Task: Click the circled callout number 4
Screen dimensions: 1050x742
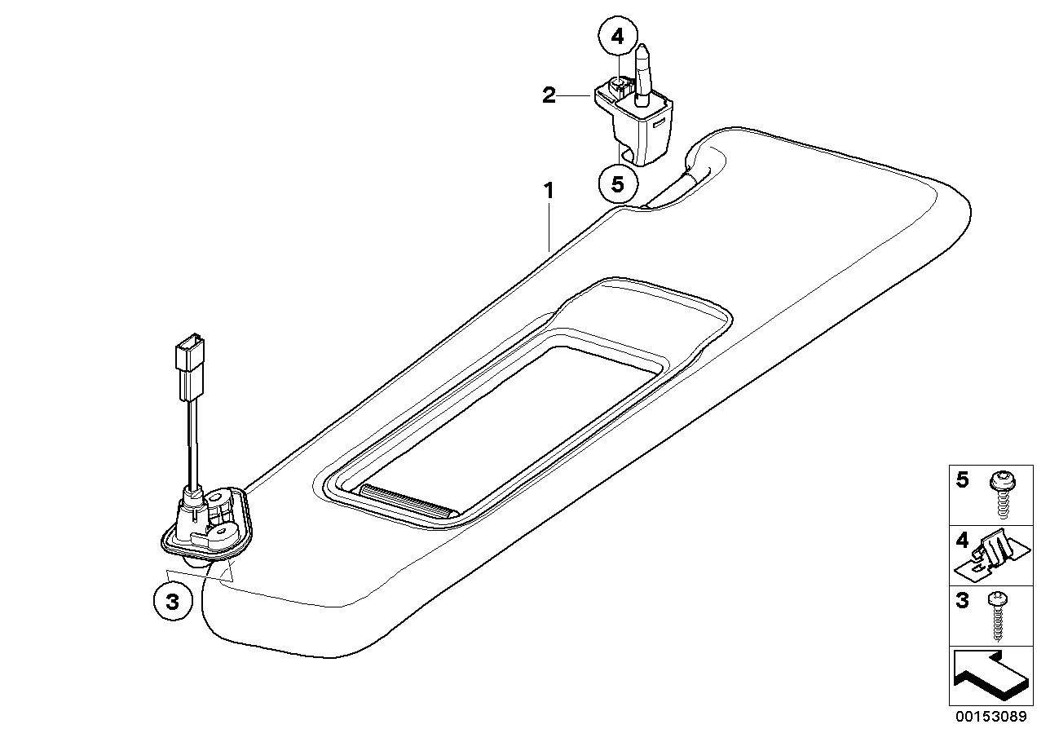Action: (618, 36)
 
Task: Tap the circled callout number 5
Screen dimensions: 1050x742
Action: (618, 184)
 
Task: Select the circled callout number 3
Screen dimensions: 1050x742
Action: (173, 601)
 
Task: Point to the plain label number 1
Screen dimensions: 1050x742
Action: (549, 191)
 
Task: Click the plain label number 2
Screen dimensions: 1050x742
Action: (549, 95)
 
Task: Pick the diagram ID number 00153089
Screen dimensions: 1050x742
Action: (991, 729)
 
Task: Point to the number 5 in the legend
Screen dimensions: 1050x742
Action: (962, 480)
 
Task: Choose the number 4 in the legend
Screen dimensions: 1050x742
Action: (962, 541)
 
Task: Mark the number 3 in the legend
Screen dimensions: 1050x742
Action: (962, 601)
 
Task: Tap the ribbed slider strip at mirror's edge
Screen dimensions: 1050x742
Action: (408, 501)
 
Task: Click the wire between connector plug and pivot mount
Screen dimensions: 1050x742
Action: (192, 444)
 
